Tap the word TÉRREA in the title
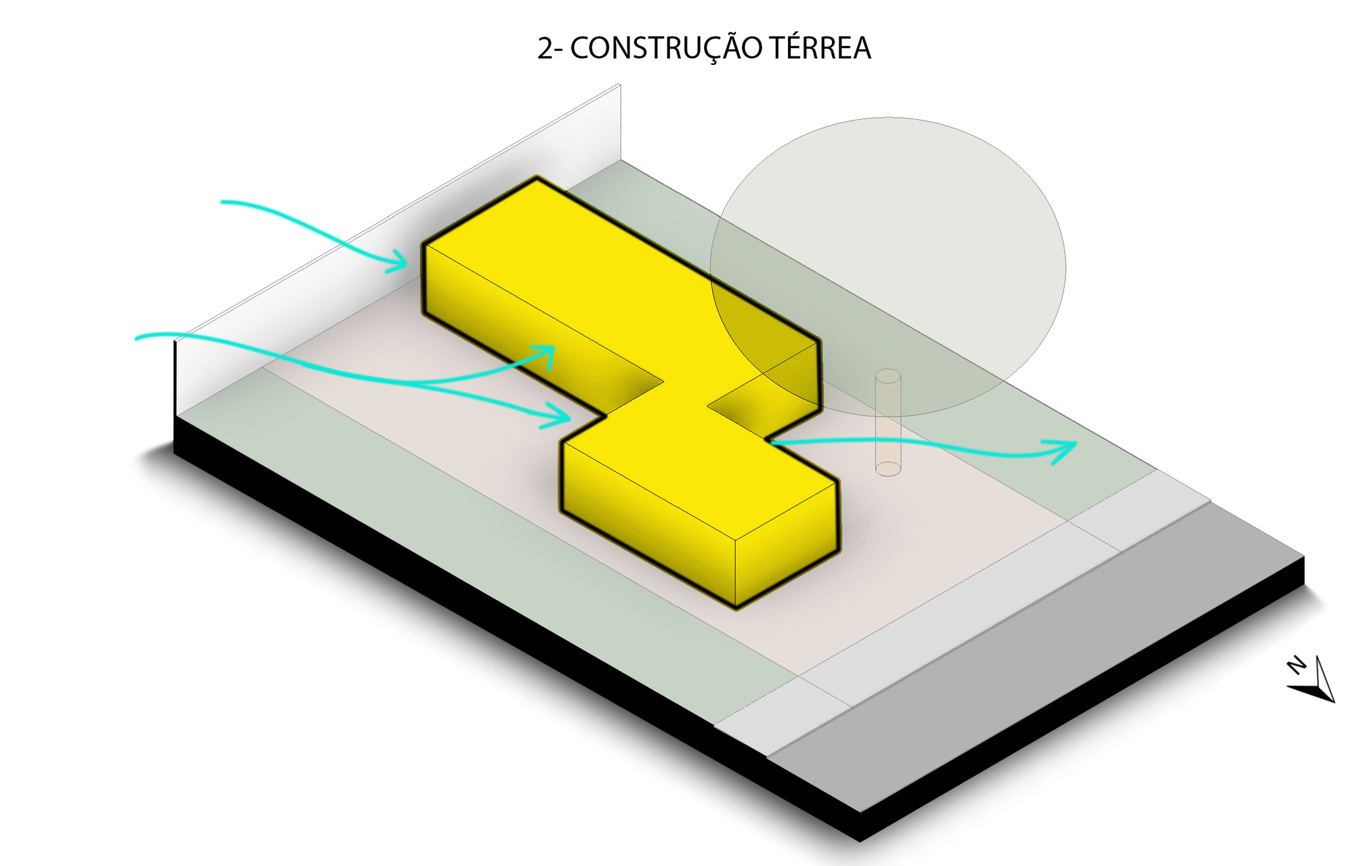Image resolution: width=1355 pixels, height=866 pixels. pyautogui.click(x=820, y=48)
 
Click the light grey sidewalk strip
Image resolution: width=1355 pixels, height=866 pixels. pyautogui.click(x=948, y=623)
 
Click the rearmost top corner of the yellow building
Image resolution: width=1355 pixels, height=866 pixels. pyautogui.click(x=537, y=179)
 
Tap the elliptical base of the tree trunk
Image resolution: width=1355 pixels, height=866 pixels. pyautogui.click(x=888, y=468)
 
